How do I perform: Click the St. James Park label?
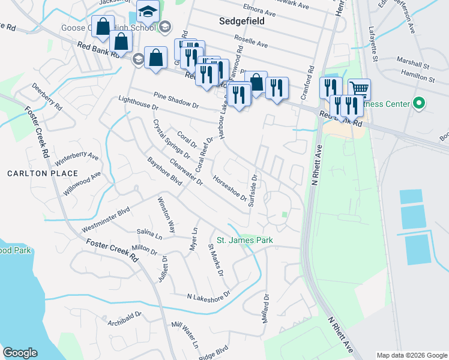pyautogui.click(x=244, y=240)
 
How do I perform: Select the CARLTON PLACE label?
pyautogui.click(x=43, y=173)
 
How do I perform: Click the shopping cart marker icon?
pyautogui.click(x=359, y=89)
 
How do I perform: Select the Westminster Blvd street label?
pyautogui.click(x=106, y=220)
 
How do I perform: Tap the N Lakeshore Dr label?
pyautogui.click(x=209, y=295)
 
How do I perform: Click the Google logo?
pyautogui.click(x=20, y=353)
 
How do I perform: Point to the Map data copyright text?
pyautogui.click(x=412, y=355)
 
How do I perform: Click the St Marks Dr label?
pyautogui.click(x=215, y=259)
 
